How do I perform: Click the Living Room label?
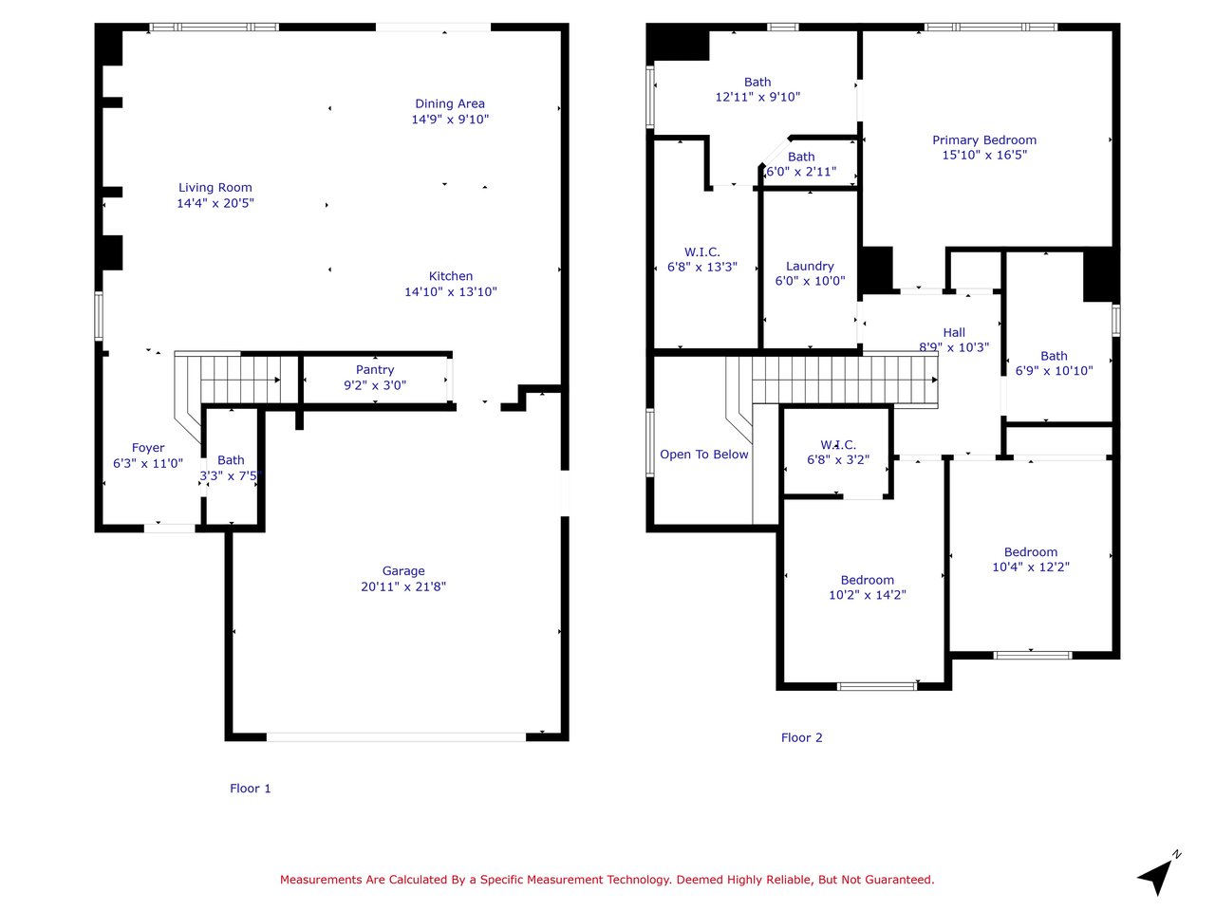point(215,188)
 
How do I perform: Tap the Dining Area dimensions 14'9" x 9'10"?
point(450,119)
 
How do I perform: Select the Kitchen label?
point(451,276)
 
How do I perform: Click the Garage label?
point(403,571)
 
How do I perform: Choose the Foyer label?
point(148,448)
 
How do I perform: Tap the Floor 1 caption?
point(251,789)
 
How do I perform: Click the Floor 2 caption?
point(801,737)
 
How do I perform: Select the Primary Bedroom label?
point(984,139)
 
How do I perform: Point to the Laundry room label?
point(810,266)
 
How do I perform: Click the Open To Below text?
point(703,455)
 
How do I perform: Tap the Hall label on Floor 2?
point(954,332)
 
